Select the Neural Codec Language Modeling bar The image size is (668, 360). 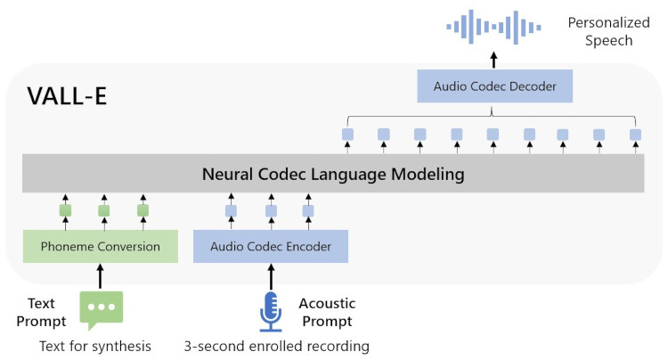333,174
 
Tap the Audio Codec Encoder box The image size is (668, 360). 270,246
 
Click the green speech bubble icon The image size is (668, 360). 101,308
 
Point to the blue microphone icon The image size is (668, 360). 270,309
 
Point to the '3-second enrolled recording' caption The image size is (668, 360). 276,346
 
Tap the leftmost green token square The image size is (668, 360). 65,211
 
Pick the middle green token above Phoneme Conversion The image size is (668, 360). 103,211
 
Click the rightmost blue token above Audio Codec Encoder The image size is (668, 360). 308,211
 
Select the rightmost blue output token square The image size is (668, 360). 635,135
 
